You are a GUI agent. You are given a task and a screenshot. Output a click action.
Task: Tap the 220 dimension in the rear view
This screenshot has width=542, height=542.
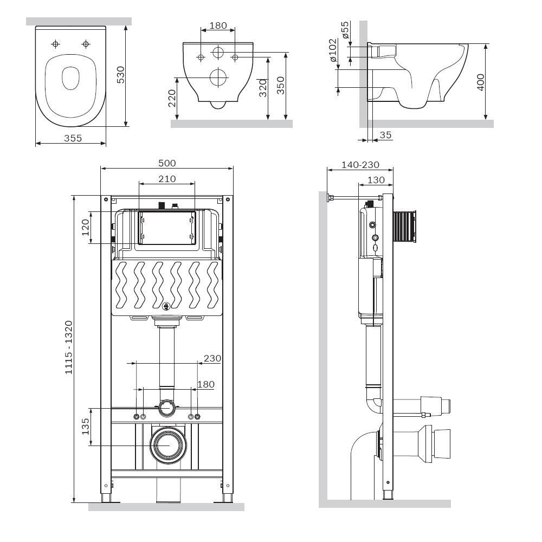[172, 98]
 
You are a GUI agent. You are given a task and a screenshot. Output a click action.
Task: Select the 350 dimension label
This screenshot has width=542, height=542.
[280, 86]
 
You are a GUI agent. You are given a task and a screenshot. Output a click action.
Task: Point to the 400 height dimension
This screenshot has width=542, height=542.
[480, 82]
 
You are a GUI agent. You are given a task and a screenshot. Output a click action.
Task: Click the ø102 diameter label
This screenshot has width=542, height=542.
[333, 53]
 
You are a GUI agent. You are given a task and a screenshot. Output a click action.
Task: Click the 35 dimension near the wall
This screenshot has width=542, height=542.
[385, 135]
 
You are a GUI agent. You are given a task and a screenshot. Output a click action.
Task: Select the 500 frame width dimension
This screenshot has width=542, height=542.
[166, 163]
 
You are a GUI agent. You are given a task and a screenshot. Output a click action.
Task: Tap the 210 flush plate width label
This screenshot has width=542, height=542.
[166, 179]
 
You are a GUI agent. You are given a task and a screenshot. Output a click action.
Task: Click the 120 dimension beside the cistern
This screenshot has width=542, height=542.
[85, 228]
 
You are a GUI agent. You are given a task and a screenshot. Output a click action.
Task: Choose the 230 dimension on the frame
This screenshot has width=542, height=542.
[212, 358]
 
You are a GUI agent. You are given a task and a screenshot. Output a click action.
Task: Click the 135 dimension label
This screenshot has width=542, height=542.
[85, 427]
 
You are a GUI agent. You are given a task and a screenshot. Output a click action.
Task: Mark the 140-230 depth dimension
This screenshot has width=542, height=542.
[360, 165]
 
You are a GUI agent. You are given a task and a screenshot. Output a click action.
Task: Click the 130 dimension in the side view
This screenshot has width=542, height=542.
[375, 180]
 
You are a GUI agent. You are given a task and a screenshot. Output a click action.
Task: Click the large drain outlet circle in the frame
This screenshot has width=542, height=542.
[169, 444]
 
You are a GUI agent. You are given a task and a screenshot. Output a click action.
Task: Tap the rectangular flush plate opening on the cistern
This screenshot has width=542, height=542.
[166, 228]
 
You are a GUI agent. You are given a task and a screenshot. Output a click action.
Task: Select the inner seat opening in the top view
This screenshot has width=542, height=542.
[70, 78]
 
